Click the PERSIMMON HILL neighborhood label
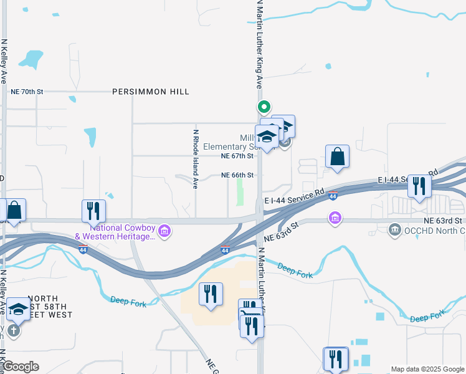point(151,92)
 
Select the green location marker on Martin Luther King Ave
point(264,107)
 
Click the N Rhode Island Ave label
point(195,159)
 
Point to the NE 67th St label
point(238,156)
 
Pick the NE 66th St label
point(237,176)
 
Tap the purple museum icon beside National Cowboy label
point(164,232)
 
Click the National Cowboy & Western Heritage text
point(115,232)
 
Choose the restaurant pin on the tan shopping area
point(211,293)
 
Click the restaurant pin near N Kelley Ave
point(93,210)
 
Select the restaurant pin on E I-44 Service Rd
point(419,185)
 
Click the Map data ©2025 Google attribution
point(427,369)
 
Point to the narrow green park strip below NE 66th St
point(240,194)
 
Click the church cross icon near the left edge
point(13,330)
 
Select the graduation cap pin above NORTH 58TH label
point(18,309)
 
